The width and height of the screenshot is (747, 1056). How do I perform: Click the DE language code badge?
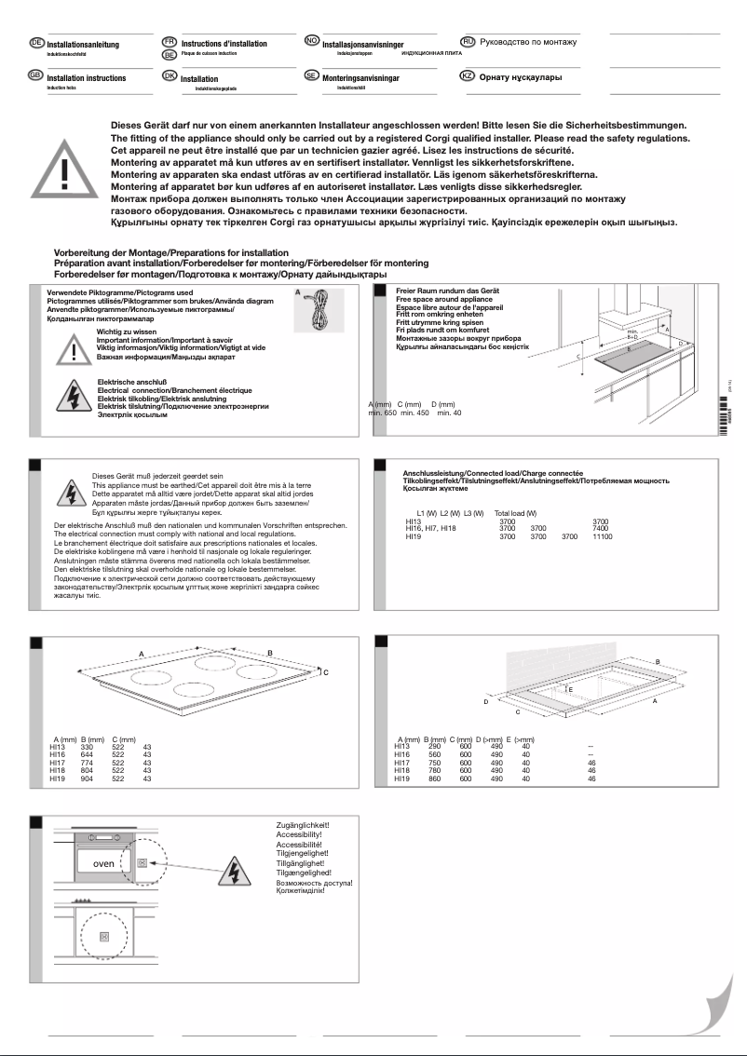pyautogui.click(x=36, y=43)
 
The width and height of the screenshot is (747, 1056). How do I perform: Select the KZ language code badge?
pyautogui.click(x=469, y=76)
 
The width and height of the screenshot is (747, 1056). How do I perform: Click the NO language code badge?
pyautogui.click(x=313, y=42)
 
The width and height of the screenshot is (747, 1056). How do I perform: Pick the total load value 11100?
pyautogui.click(x=602, y=537)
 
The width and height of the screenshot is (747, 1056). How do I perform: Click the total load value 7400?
pyautogui.click(x=601, y=528)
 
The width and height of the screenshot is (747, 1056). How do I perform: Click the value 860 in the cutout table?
pyautogui.click(x=433, y=778)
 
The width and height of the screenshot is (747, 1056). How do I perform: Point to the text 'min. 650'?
pyautogui.click(x=383, y=413)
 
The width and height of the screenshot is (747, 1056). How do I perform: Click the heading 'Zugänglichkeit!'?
pyautogui.click(x=303, y=825)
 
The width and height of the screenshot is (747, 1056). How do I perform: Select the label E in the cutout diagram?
pyautogui.click(x=570, y=689)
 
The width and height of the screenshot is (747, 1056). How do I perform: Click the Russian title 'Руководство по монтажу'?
pyautogui.click(x=527, y=43)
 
